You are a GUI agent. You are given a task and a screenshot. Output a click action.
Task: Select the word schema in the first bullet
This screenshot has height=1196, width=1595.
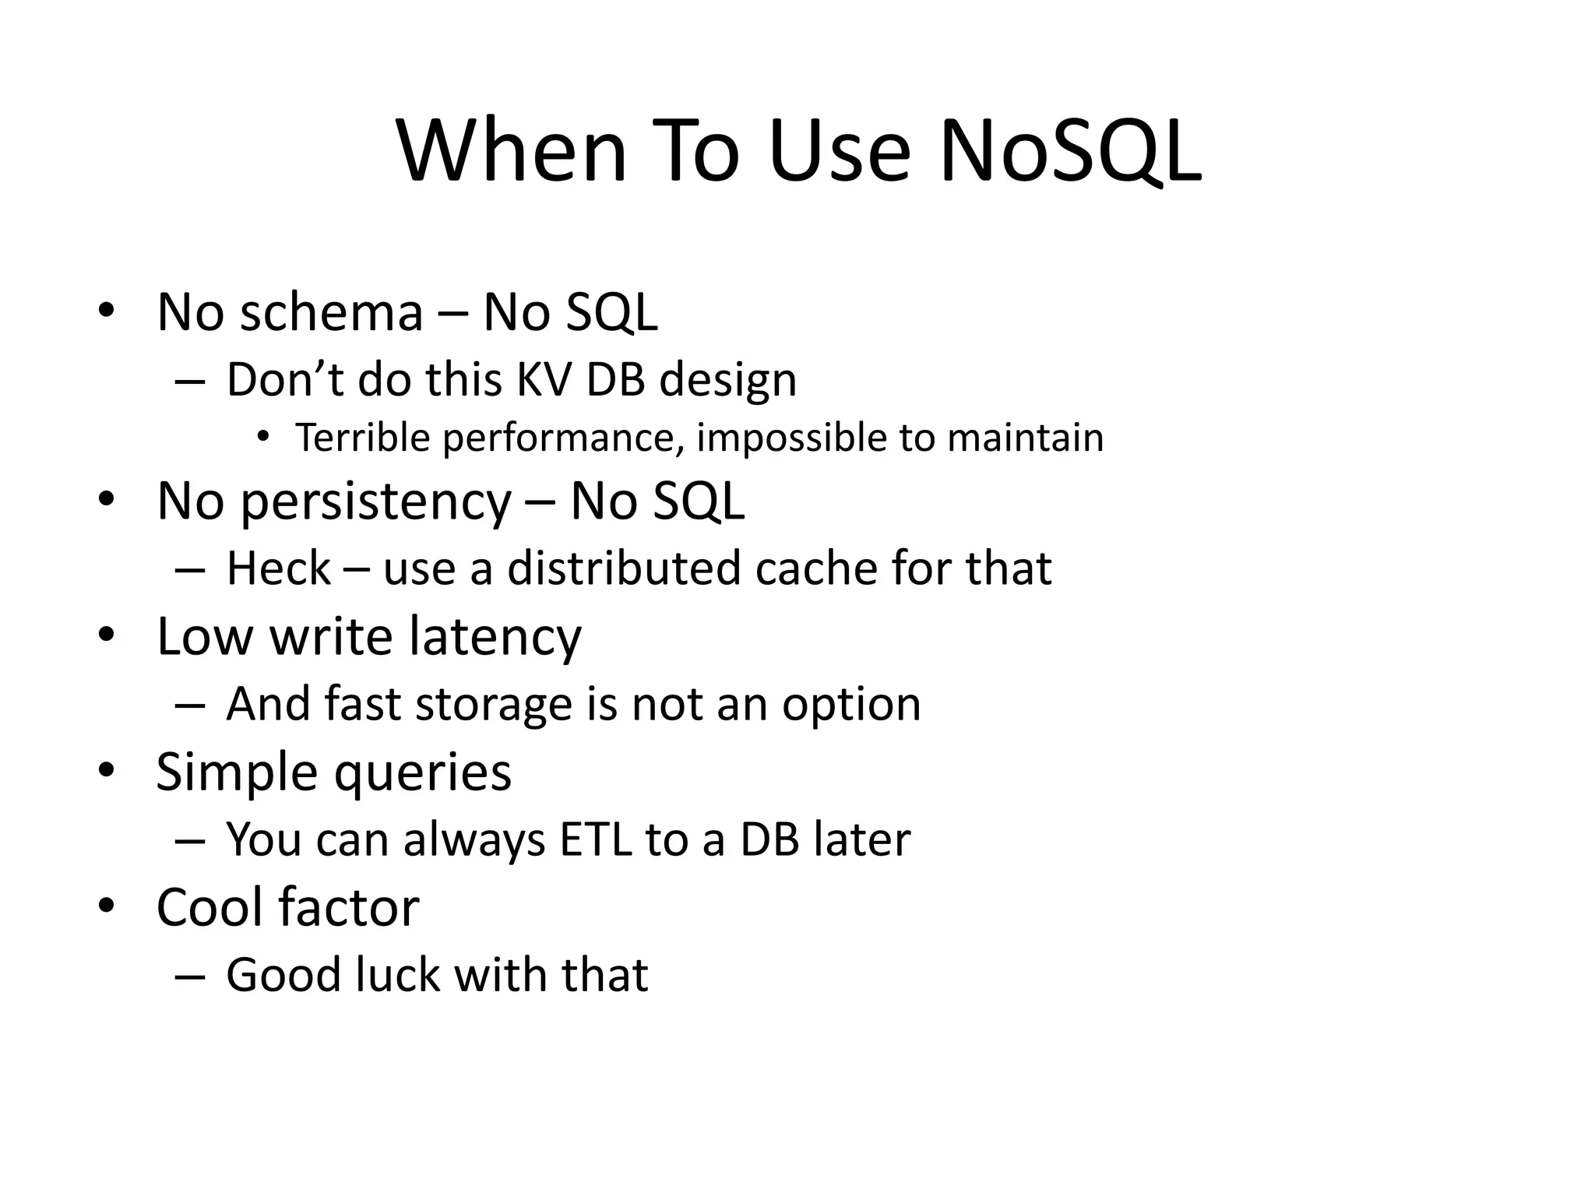[x=331, y=312]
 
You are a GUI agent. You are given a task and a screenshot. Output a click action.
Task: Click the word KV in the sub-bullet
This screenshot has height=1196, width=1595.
[x=543, y=380]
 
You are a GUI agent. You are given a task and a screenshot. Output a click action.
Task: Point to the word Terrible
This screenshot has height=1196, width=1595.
[x=362, y=438]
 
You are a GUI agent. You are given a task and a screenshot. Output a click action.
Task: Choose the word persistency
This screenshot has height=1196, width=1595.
[x=375, y=501]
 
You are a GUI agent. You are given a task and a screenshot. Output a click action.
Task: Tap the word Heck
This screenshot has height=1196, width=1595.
[x=278, y=568]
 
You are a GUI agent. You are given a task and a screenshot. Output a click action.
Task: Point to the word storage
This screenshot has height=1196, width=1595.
[x=494, y=705]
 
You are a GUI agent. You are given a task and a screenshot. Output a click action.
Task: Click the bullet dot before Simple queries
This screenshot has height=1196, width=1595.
[x=107, y=771]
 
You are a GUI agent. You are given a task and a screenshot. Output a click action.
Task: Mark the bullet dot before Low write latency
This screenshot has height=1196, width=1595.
[x=107, y=635]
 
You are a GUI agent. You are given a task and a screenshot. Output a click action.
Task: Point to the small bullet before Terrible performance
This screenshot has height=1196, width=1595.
[x=263, y=438]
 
